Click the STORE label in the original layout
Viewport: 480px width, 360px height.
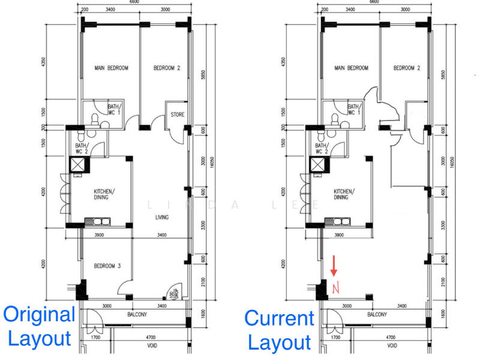[x=177, y=115]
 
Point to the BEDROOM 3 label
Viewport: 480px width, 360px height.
[x=108, y=266]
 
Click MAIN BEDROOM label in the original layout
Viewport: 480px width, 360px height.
[x=111, y=68]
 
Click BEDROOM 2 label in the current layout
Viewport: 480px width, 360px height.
[x=406, y=68]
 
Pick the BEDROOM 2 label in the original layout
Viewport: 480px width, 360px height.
[x=167, y=68]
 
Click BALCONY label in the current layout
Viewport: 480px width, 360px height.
[x=376, y=314]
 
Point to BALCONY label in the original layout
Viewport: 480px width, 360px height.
[x=137, y=314]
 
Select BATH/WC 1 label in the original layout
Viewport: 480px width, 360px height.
[x=114, y=109]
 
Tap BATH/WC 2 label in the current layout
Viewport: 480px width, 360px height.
[x=322, y=148]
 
